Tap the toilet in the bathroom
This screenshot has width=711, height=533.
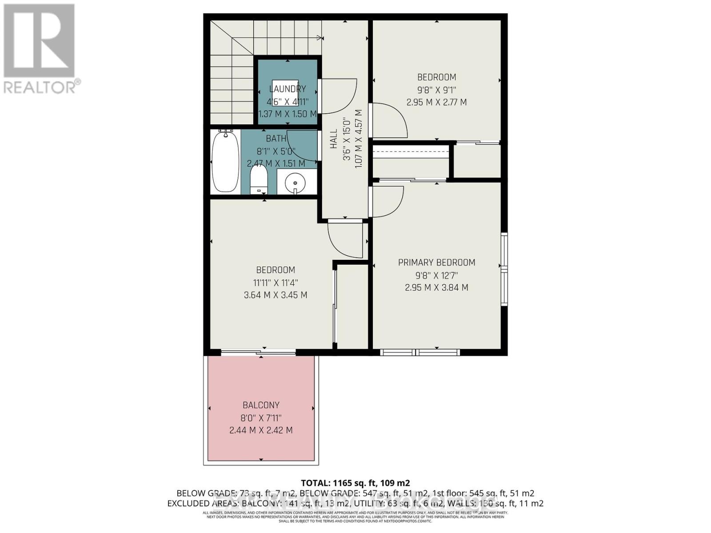coord(258,179)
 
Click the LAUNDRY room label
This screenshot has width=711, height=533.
coord(288,89)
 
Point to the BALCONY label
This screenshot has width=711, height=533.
coord(261,405)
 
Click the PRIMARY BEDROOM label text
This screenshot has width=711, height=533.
coord(436,263)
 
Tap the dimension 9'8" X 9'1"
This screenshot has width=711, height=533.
coord(436,89)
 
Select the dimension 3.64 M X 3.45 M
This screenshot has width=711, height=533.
coord(276,295)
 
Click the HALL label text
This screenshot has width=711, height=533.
coord(334,139)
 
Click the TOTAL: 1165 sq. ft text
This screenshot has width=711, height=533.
coord(355,483)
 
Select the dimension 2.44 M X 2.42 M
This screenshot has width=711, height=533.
coord(261,430)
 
